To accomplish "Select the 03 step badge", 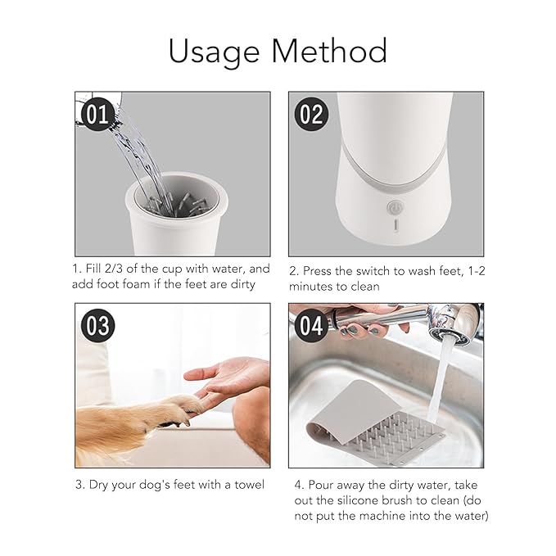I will point(97,326).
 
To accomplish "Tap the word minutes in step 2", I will point(312,286).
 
